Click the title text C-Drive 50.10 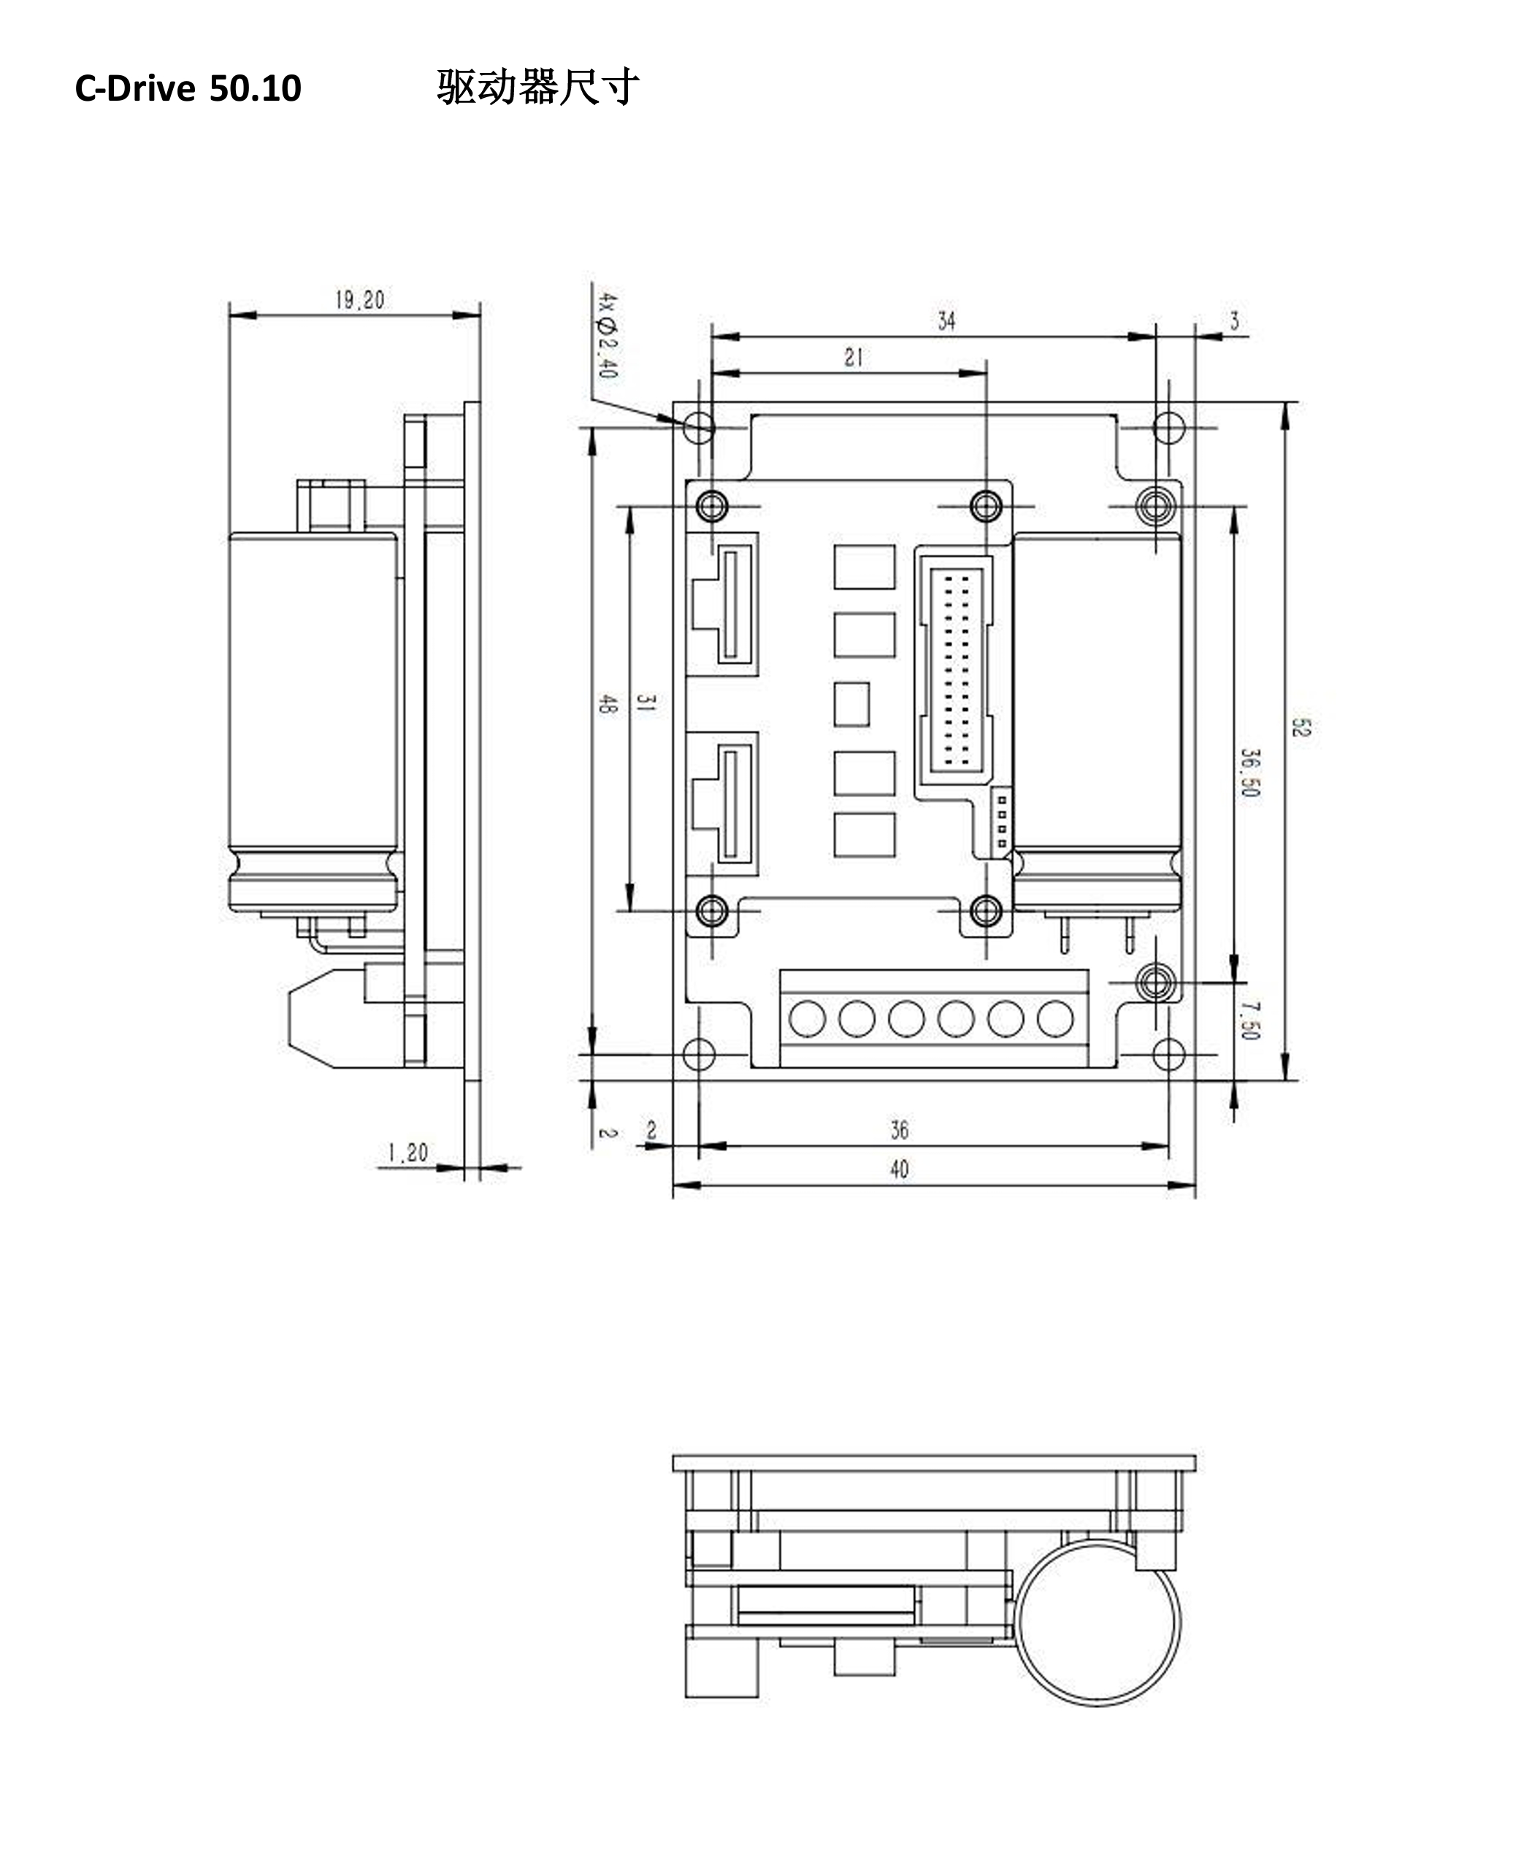tap(188, 88)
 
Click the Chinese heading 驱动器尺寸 tap(537, 88)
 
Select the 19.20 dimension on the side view tap(359, 300)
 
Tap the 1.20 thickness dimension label tap(407, 1152)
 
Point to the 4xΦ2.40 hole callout tap(608, 335)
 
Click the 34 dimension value tap(946, 321)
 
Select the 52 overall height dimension tap(1301, 727)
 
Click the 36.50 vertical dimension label tap(1249, 773)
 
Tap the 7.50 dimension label tap(1249, 1020)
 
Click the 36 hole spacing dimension tap(898, 1130)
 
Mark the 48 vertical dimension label tap(608, 703)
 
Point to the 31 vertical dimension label tap(646, 703)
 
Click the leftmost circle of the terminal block tap(807, 1018)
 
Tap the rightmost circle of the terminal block tap(1054, 1018)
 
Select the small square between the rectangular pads tap(851, 704)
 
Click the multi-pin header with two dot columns tap(957, 669)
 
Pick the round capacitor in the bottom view tap(1097, 1623)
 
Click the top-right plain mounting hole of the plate tap(1168, 428)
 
